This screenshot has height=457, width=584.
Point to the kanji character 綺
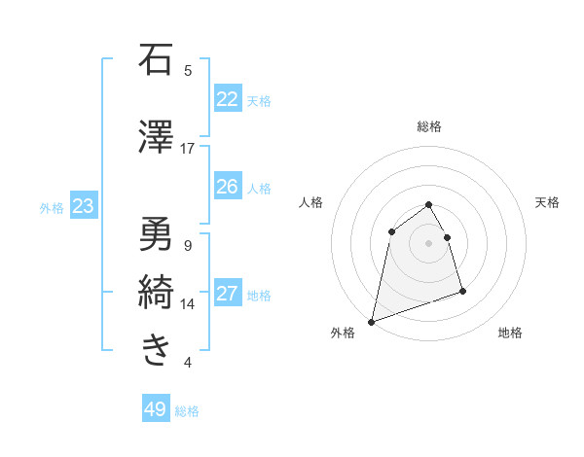click(156, 291)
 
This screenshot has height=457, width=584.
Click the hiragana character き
click(156, 349)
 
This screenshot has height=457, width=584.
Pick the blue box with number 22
click(228, 99)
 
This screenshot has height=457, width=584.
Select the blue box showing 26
click(228, 187)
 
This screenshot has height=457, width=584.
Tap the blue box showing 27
click(228, 295)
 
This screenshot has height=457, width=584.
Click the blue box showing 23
click(83, 206)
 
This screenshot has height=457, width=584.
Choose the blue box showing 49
click(156, 409)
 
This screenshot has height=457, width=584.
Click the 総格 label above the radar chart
click(429, 126)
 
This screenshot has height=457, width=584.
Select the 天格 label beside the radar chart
click(547, 202)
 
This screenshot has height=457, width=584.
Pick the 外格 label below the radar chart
click(343, 333)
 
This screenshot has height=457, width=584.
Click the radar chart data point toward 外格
click(372, 321)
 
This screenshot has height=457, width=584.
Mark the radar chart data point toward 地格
click(462, 291)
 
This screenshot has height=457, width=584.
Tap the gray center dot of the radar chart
click(428, 242)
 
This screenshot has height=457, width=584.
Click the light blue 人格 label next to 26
click(259, 188)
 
